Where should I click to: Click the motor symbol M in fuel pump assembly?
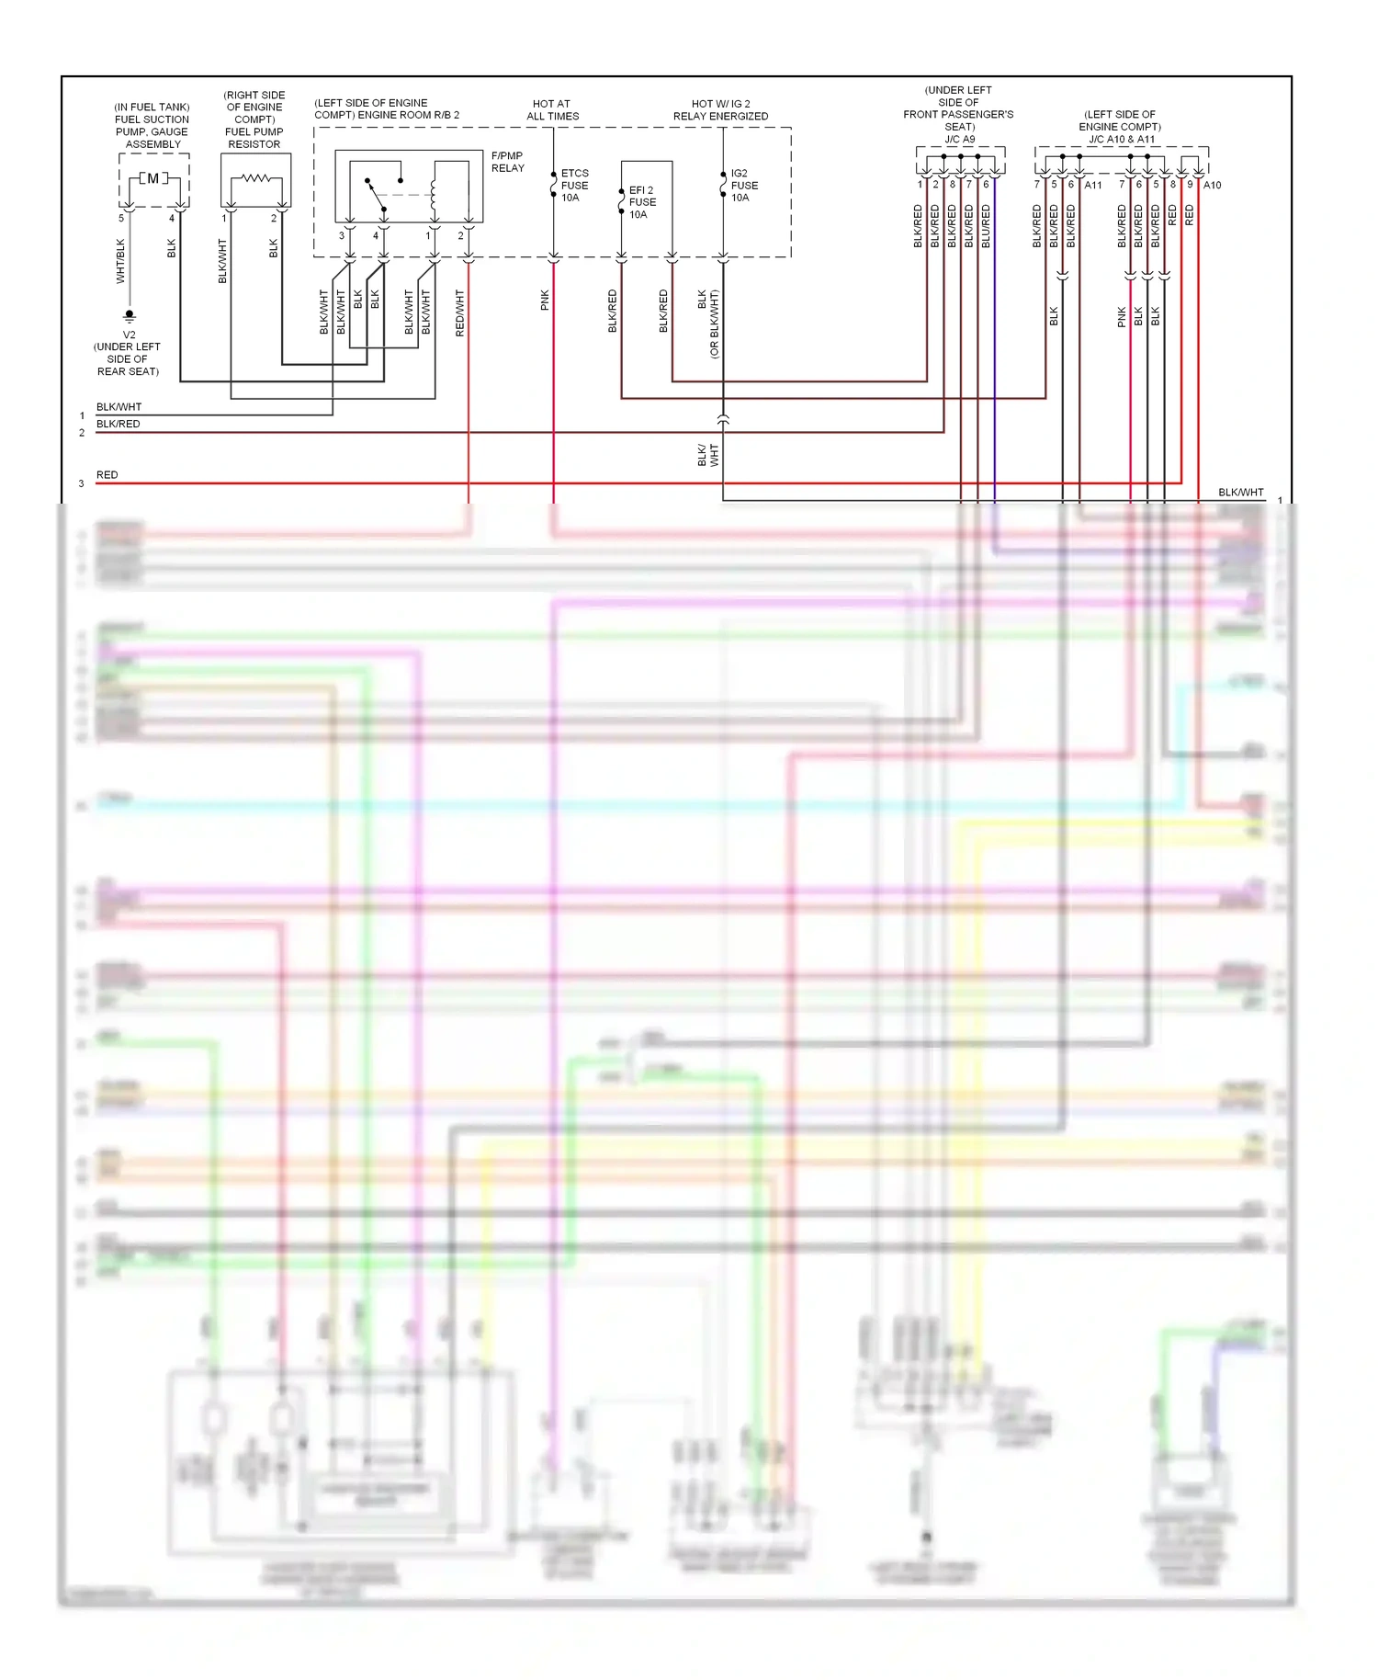pyautogui.click(x=153, y=178)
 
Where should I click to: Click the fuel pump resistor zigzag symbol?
pyautogui.click(x=255, y=178)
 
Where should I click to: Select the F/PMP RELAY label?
pyautogui.click(x=507, y=162)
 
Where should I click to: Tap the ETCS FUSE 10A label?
pyautogui.click(x=574, y=185)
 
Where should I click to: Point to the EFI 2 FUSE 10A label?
pyautogui.click(x=642, y=202)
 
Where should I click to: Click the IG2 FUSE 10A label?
pyautogui.click(x=744, y=185)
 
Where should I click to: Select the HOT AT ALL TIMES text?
pyautogui.click(x=552, y=110)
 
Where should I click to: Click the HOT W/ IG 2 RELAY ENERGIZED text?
pyautogui.click(x=720, y=110)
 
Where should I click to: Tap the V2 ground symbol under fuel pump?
pyautogui.click(x=130, y=316)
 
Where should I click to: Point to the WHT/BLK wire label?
pyautogui.click(x=120, y=261)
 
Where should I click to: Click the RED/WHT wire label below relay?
pyautogui.click(x=460, y=312)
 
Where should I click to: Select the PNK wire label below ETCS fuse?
pyautogui.click(x=545, y=300)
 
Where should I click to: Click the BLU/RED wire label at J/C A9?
pyautogui.click(x=986, y=226)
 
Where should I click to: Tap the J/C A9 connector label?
pyautogui.click(x=959, y=140)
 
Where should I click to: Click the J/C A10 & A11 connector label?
pyautogui.click(x=1121, y=140)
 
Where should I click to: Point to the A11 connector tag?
pyautogui.click(x=1092, y=185)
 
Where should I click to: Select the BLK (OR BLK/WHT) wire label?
pyautogui.click(x=708, y=324)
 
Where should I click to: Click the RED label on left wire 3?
pyautogui.click(x=107, y=475)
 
